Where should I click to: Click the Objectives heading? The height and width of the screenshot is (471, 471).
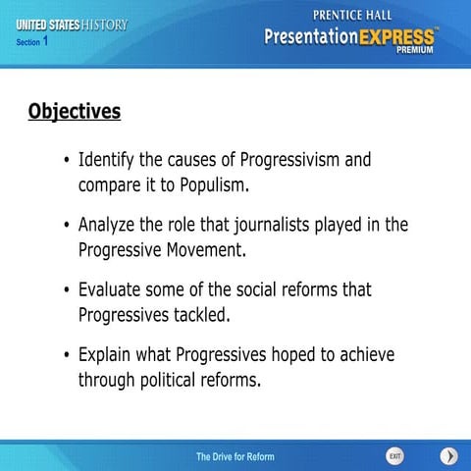click(74, 111)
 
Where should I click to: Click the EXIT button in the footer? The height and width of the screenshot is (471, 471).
click(394, 456)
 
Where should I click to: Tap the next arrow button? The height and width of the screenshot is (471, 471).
click(447, 456)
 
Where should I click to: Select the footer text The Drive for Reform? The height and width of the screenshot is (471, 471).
click(235, 457)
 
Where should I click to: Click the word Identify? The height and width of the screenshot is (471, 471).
click(108, 159)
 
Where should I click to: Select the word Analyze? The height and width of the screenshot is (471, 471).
click(110, 225)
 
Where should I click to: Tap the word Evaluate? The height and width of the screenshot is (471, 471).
click(113, 290)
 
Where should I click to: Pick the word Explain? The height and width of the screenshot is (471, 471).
click(108, 355)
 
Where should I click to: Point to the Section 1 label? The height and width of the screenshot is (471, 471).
click(33, 42)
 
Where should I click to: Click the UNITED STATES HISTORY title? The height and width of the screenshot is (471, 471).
click(72, 24)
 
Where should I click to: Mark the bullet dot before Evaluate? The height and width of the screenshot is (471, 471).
click(66, 291)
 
